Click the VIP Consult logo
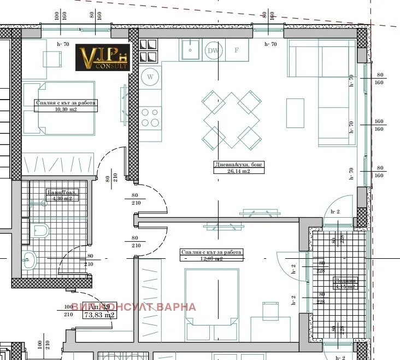pyautogui.click(x=102, y=57)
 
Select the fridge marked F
pyautogui.click(x=237, y=51)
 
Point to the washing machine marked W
pyautogui.click(x=150, y=77)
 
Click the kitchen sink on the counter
pyautogui.click(x=190, y=50)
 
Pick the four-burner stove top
pyautogui.click(x=150, y=117)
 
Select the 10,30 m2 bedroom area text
pyautogui.click(x=66, y=108)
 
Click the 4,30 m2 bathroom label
pyautogui.click(x=61, y=199)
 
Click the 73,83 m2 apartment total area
pyautogui.click(x=98, y=315)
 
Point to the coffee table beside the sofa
pyautogui.click(x=295, y=113)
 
